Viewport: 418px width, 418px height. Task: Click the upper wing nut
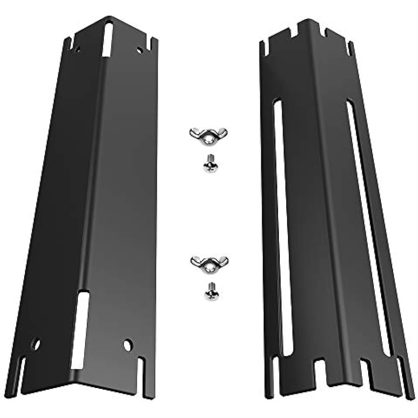click(208, 135)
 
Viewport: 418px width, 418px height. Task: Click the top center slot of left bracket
click(108, 40)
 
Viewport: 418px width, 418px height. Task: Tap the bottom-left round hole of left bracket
click(37, 344)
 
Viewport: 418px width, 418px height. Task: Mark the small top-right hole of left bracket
click(140, 50)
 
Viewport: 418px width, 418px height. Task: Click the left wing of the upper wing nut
click(195, 133)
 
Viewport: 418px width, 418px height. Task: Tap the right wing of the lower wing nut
click(222, 260)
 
